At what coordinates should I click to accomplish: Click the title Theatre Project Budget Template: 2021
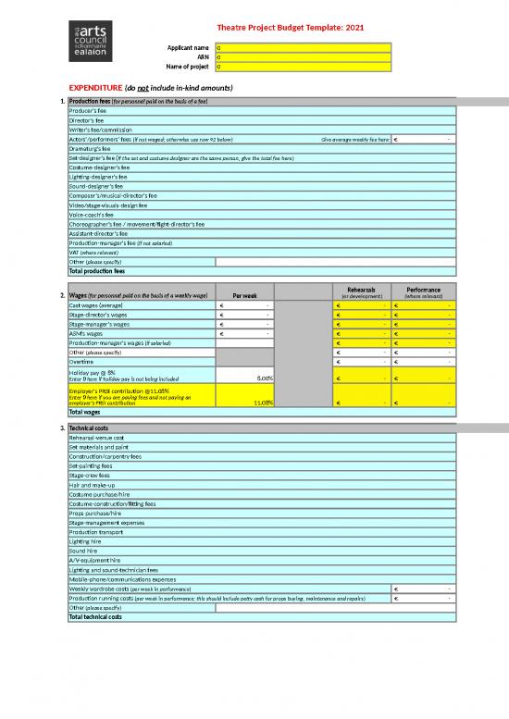click(290, 28)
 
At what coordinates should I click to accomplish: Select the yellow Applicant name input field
click(305, 47)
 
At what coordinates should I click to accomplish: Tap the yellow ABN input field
click(305, 57)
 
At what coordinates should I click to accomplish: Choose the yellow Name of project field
click(305, 67)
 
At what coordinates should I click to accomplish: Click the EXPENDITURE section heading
click(143, 88)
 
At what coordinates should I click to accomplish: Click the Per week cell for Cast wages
click(244, 305)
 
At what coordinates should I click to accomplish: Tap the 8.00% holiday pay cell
click(244, 377)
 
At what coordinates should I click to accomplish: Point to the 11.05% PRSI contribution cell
click(244, 402)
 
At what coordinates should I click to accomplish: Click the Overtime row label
click(83, 362)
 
